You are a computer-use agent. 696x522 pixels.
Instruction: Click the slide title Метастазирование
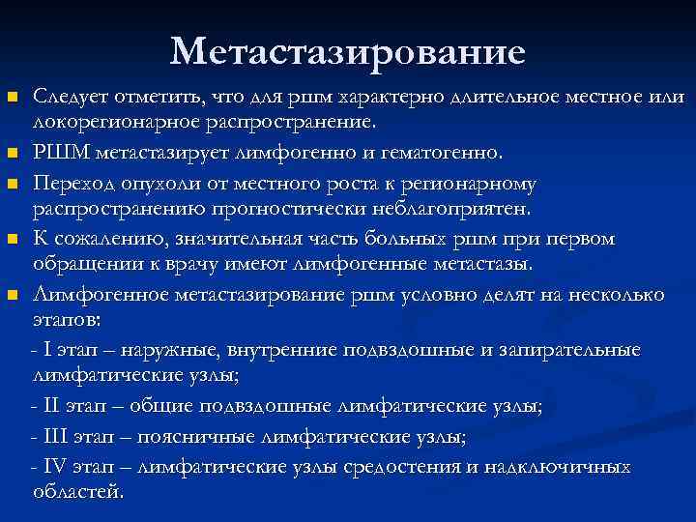[348, 51]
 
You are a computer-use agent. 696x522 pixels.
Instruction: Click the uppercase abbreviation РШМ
[56, 152]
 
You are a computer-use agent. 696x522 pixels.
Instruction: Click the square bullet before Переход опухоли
[12, 183]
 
